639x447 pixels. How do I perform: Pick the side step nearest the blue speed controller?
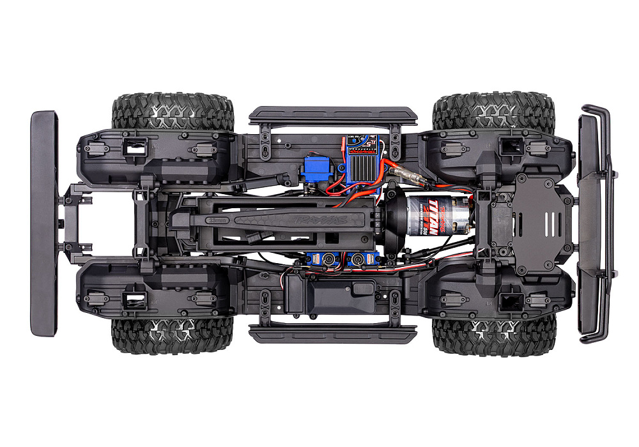(332, 115)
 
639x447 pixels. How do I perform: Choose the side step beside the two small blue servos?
(332, 334)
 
